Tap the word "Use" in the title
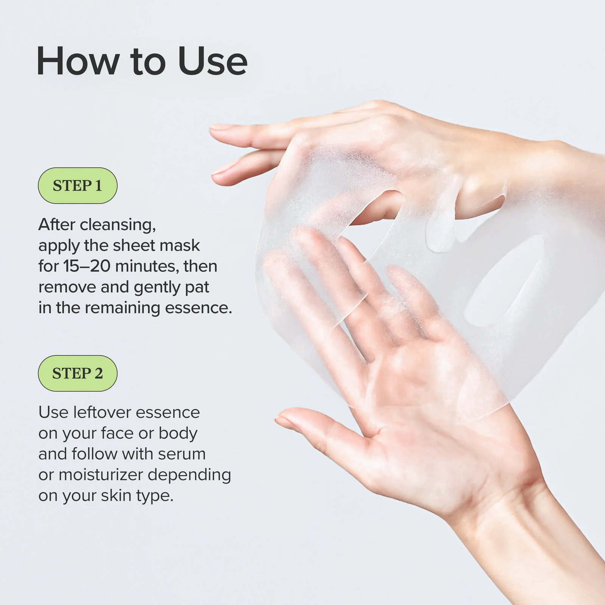[x=213, y=61]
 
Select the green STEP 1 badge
[x=78, y=186]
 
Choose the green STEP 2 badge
[x=78, y=373]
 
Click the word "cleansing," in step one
[x=118, y=225]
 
